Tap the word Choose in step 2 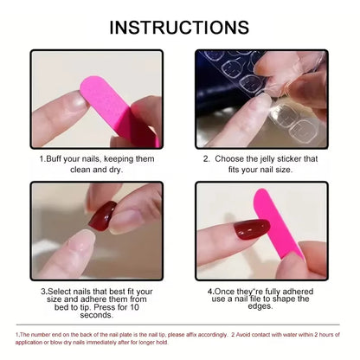[x=235, y=160]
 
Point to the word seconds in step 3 [x=95, y=314]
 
